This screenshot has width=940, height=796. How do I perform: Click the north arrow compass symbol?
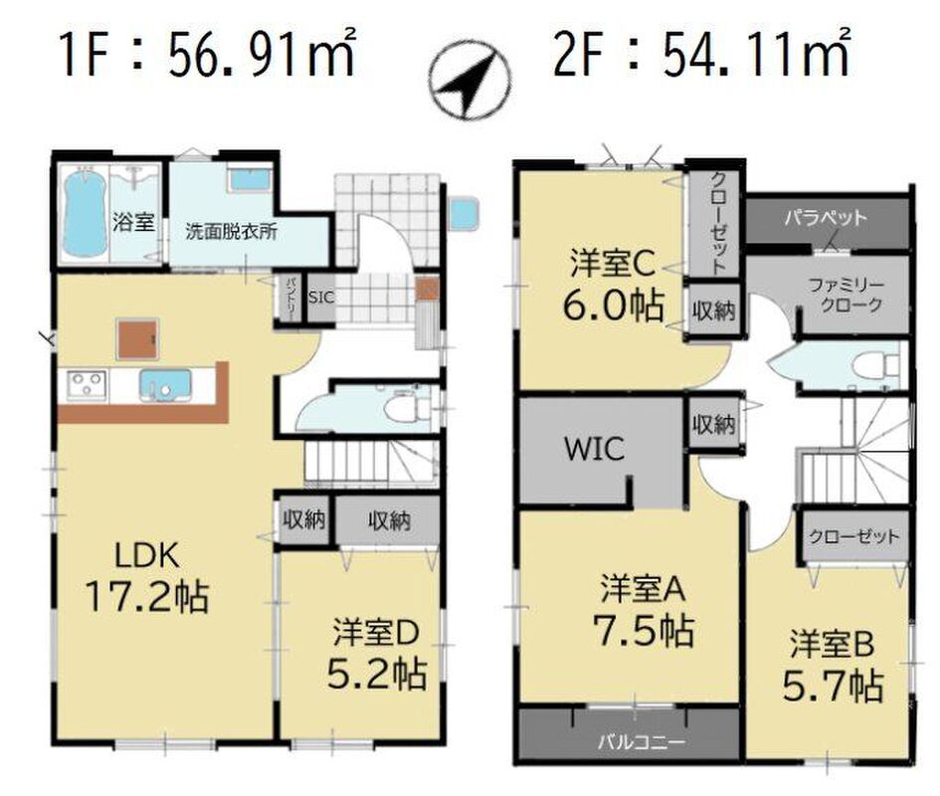pos(470,78)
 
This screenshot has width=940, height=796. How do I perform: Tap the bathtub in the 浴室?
pos(84,214)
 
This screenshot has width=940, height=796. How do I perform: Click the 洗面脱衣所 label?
pos(231,232)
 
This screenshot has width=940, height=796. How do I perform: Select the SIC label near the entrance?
pos(320,297)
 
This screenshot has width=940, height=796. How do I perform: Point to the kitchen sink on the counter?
pos(165,385)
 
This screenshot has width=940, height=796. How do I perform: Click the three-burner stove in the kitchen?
pos(88,384)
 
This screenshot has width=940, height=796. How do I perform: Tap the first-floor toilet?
pos(402,409)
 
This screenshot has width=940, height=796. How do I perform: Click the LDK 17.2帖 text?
pos(147,576)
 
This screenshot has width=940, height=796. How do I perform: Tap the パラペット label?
pos(826,217)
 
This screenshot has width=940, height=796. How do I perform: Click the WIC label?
pos(594,449)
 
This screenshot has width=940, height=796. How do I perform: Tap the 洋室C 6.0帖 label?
pos(613,287)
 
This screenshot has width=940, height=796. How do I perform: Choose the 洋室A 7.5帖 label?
pos(644,611)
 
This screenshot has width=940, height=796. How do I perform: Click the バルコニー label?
pos(641,742)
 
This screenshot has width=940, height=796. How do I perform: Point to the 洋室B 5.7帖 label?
pos(833,666)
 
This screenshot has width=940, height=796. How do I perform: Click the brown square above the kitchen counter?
pos(138,339)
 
